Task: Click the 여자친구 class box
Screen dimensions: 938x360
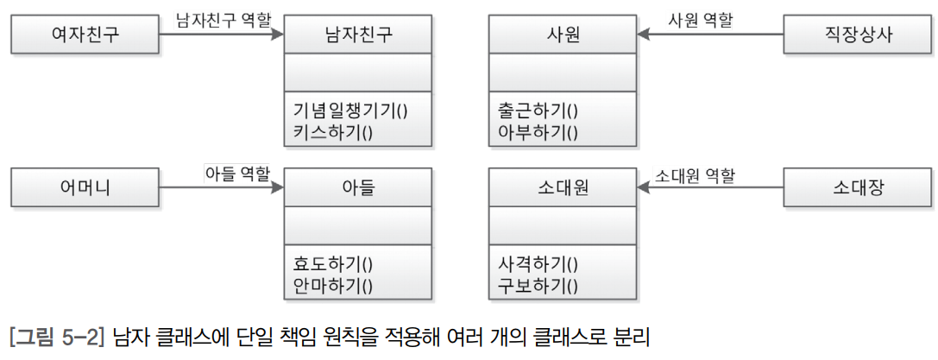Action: pos(85,35)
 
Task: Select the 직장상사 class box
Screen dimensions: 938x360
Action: pos(857,35)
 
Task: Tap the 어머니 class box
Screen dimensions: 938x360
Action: pos(85,186)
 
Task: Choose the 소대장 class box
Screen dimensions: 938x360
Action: pos(857,186)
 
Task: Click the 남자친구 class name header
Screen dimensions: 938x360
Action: pos(357,35)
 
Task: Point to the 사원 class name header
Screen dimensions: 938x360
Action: pos(563,35)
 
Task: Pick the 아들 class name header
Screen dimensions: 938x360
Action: pos(357,186)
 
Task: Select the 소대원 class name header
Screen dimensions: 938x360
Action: pos(563,186)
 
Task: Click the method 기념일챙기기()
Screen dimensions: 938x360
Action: pos(349,110)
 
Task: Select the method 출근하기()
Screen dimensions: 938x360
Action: pos(538,110)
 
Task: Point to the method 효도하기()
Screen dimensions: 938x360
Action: pos(331,262)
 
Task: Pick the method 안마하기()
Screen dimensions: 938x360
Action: pos(331,284)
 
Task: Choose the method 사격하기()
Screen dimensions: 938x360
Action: pos(538,262)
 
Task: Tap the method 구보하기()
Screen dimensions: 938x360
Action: pos(538,284)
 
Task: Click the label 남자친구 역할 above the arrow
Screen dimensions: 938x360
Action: pos(221,17)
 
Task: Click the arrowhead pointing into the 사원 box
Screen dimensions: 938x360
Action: pos(643,35)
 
